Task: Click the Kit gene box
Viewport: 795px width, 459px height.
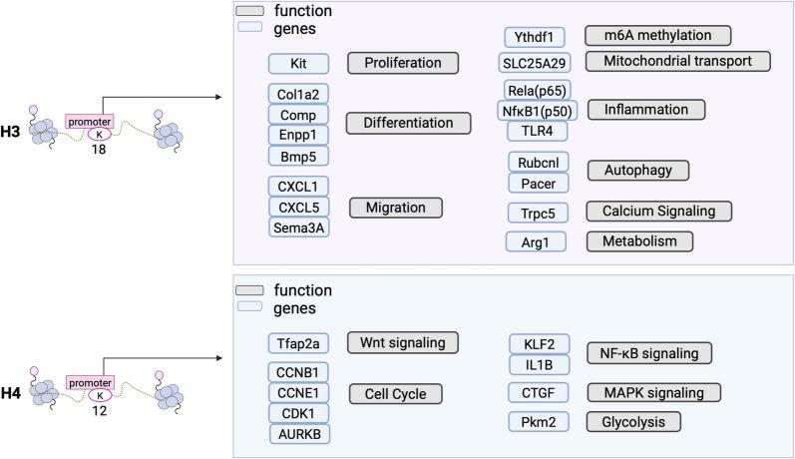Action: point(298,64)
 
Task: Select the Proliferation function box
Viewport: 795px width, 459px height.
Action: point(402,64)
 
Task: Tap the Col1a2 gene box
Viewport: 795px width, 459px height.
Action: point(298,94)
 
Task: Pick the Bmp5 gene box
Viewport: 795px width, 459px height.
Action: point(298,156)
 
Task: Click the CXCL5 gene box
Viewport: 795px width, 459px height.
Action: point(298,207)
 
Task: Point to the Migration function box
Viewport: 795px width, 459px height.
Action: point(395,208)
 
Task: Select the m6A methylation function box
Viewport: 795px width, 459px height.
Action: point(658,36)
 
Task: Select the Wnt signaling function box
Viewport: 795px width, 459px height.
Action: point(402,343)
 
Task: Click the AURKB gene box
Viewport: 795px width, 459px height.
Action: point(298,433)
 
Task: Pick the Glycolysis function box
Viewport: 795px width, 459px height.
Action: point(633,422)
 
